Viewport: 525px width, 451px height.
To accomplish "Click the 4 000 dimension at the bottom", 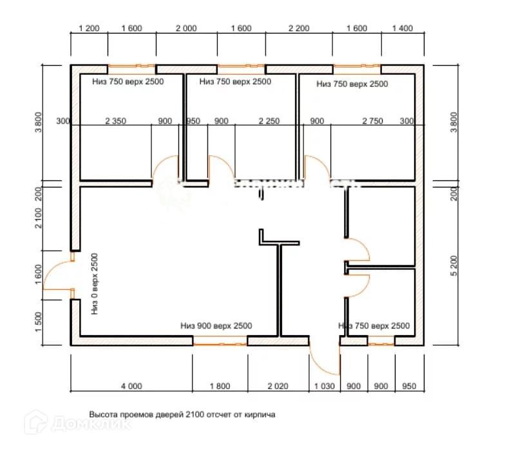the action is click(x=131, y=387).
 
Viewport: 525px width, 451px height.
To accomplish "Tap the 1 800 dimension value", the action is click(x=219, y=387).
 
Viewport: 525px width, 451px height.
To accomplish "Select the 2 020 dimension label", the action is click(x=278, y=387).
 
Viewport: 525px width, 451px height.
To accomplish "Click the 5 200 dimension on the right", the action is click(x=456, y=265).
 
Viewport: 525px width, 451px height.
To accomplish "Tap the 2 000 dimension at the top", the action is click(x=186, y=28).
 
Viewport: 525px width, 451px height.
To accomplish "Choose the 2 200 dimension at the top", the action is click(x=299, y=28).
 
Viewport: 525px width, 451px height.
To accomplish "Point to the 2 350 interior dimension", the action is click(x=116, y=121).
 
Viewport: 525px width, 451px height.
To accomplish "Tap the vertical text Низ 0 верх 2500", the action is click(x=95, y=283).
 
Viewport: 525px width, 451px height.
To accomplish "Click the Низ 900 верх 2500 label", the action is click(x=216, y=326).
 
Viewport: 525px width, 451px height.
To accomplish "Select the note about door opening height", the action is click(x=182, y=415).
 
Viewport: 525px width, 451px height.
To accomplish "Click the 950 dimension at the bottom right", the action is click(x=408, y=387).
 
